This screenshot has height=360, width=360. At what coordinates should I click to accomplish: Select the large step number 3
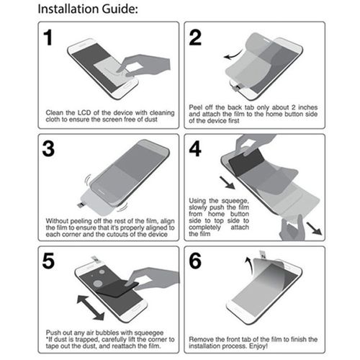click(49, 149)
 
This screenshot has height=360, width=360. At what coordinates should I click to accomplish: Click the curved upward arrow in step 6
click(249, 262)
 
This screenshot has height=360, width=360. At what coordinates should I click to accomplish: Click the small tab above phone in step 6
click(264, 255)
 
